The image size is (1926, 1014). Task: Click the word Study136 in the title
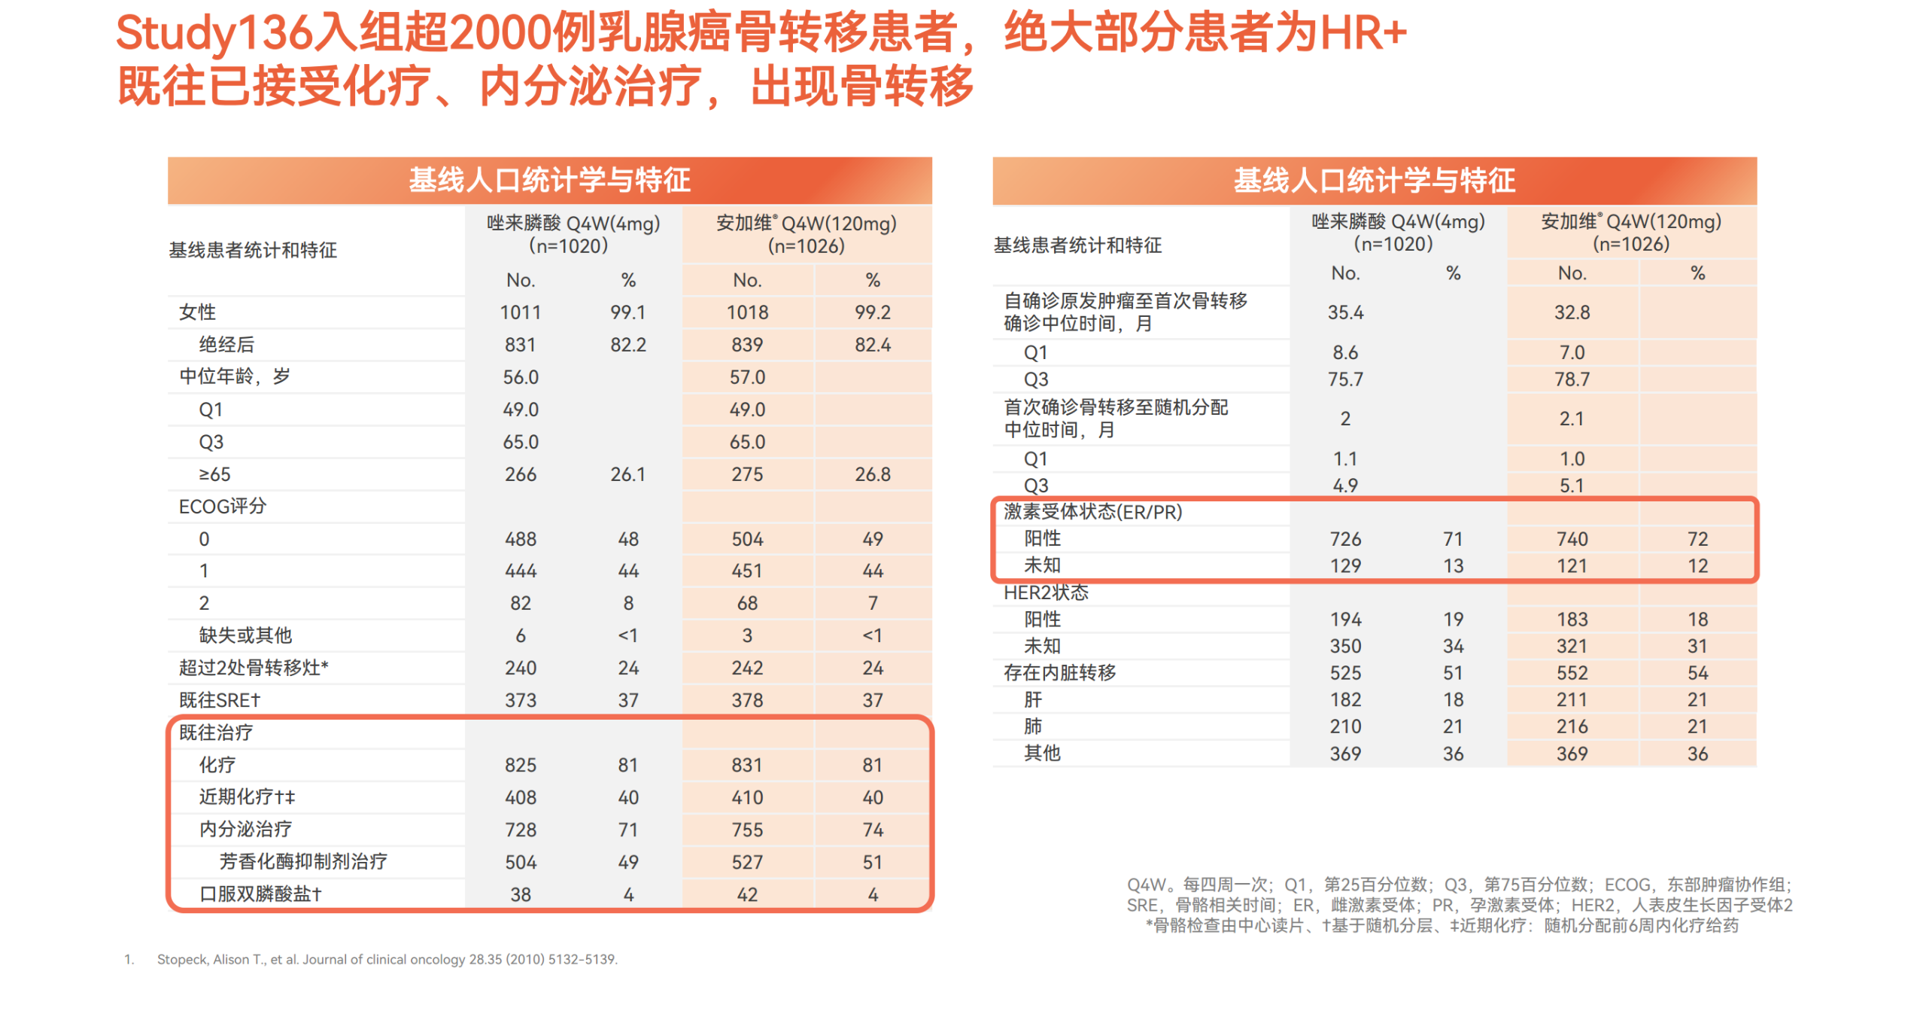point(214,34)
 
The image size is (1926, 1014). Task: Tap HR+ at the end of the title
point(1362,34)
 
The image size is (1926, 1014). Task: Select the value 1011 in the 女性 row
point(520,312)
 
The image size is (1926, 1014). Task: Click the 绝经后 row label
point(226,345)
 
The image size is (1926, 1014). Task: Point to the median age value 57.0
point(746,377)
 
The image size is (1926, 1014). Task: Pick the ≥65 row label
point(214,474)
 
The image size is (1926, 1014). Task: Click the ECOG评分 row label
point(222,507)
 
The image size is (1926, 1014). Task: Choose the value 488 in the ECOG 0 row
point(520,539)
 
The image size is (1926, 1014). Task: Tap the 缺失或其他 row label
point(245,635)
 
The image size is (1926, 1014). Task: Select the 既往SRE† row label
point(219,700)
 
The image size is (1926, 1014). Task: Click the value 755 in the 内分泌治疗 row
point(746,830)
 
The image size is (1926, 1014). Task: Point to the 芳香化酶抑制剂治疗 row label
point(302,862)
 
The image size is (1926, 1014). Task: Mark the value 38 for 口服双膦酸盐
point(520,894)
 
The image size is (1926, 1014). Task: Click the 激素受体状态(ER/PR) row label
point(1092,512)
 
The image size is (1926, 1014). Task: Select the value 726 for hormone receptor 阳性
point(1344,539)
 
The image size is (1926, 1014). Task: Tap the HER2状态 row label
point(1045,592)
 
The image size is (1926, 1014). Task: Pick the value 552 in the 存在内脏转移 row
point(1571,673)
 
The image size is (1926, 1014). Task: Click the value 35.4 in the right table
point(1344,312)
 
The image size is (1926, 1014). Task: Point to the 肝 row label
point(1032,700)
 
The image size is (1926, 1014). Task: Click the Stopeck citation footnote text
point(387,959)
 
